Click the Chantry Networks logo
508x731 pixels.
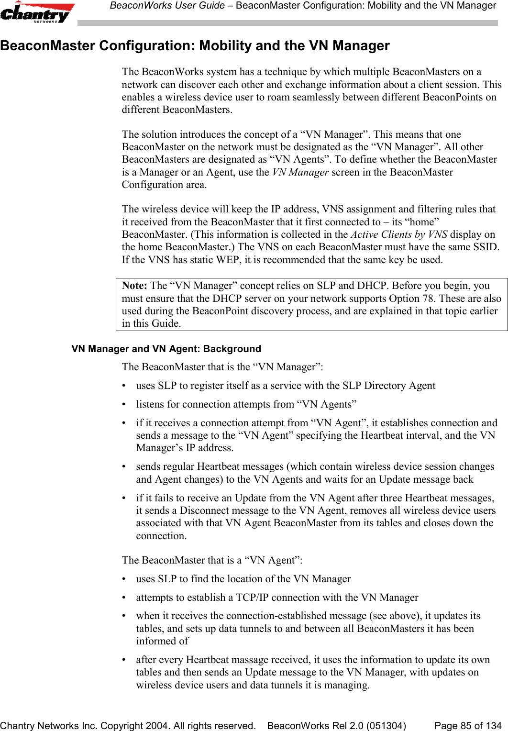pyautogui.click(x=37, y=13)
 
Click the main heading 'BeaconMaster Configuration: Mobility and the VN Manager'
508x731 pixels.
pyautogui.click(x=195, y=46)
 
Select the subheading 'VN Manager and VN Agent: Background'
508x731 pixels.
pyautogui.click(x=166, y=349)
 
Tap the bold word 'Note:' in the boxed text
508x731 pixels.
pyautogui.click(x=134, y=286)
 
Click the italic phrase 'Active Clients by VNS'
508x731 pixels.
pyautogui.click(x=399, y=234)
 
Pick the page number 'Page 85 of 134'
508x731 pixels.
pyautogui.click(x=467, y=726)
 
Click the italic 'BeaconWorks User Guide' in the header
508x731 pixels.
pyautogui.click(x=167, y=6)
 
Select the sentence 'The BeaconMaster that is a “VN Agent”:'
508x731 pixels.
pyautogui.click(x=212, y=560)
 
